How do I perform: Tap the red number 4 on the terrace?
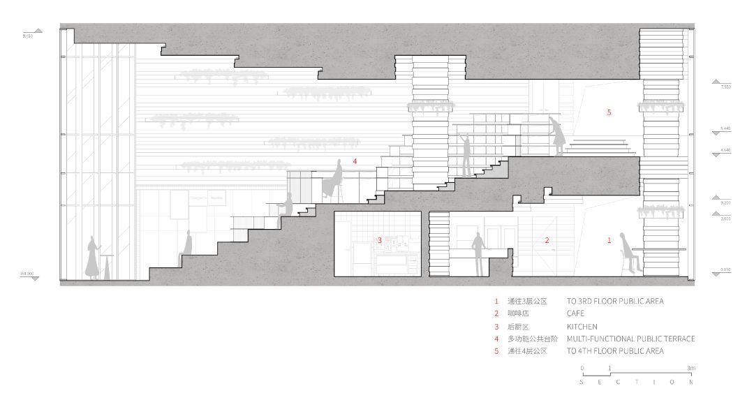point(355,161)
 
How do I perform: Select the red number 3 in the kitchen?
point(380,240)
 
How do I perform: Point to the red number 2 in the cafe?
point(547,240)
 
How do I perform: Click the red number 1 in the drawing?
point(609,240)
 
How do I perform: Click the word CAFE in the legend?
point(575,313)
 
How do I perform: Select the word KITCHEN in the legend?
point(582,326)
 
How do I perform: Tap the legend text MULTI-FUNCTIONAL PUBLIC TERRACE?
point(630,339)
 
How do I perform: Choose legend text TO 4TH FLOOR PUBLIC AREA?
point(614,351)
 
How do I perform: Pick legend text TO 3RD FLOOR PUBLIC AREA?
point(614,301)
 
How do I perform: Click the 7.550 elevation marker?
point(725,87)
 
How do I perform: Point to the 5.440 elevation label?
point(725,129)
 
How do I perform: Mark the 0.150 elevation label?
point(725,270)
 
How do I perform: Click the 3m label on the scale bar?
point(690,368)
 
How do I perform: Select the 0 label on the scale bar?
point(582,368)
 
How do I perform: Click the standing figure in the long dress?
point(92,258)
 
